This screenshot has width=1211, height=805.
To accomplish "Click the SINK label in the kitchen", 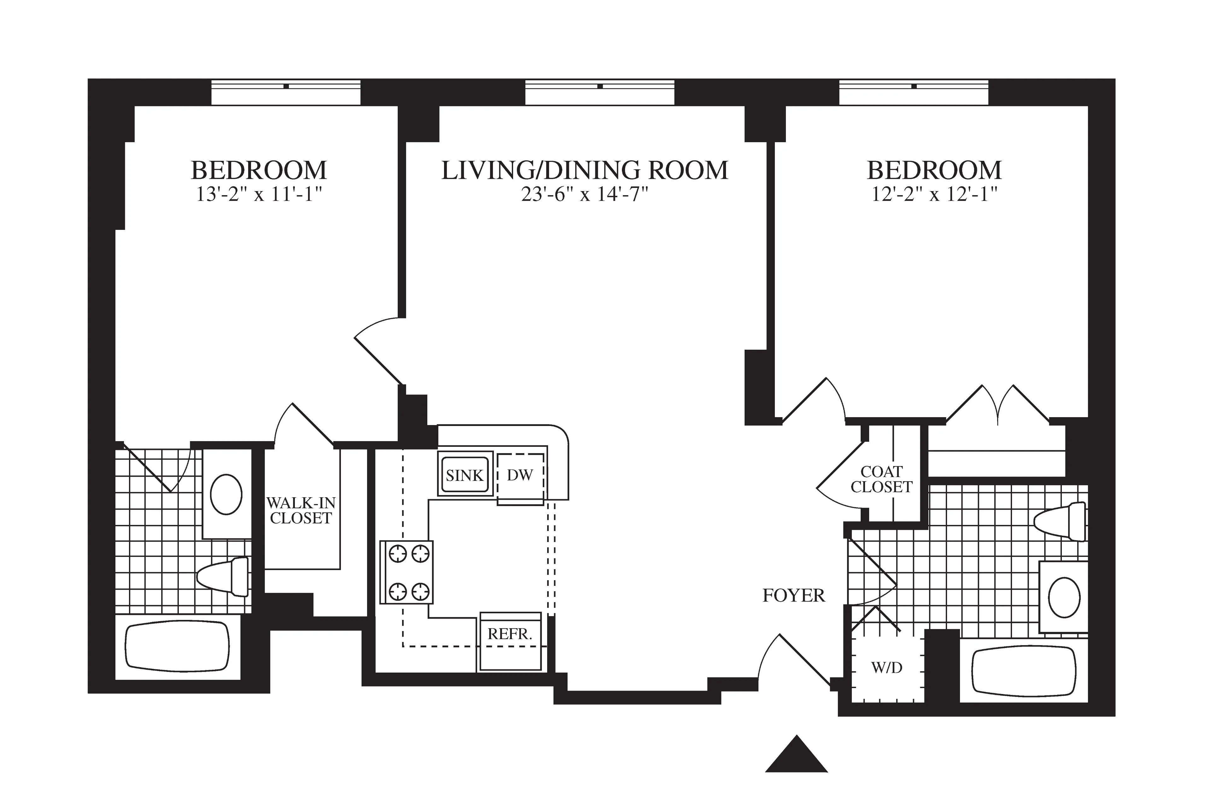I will [x=465, y=475].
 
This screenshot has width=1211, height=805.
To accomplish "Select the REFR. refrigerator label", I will [x=509, y=634].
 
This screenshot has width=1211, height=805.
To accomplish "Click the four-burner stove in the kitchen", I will [x=407, y=572].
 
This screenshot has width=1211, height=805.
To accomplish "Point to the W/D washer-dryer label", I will [x=886, y=668].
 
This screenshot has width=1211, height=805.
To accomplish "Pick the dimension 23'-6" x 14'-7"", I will [x=585, y=195].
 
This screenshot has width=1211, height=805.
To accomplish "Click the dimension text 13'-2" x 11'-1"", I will [x=259, y=195].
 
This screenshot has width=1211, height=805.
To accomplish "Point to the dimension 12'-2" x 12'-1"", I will [x=934, y=195].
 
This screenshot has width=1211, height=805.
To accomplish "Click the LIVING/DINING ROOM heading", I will [x=585, y=171].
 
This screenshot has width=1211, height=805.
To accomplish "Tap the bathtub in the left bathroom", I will [x=178, y=646].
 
